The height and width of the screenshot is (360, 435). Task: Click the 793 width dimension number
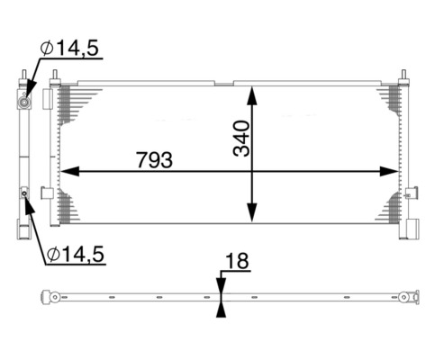point(154,159)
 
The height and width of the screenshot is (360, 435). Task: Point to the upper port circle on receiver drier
point(24,102)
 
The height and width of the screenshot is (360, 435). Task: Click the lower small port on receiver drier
point(24,193)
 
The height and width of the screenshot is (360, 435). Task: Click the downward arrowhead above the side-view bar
point(221,285)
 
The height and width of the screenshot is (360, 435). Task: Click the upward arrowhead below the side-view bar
point(221,308)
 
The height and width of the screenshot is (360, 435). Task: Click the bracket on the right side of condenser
point(412,193)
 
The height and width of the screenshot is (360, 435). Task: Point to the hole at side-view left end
point(55,297)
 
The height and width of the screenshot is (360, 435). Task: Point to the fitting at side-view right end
point(411,296)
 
